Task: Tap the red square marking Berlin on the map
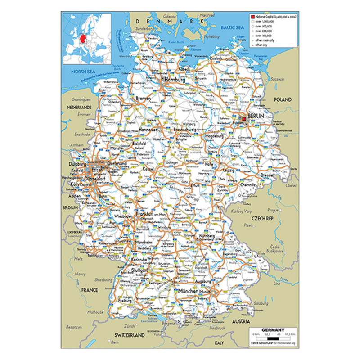pyautogui.click(x=244, y=119)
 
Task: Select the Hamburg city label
pyautogui.click(x=175, y=80)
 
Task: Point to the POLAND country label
pyautogui.click(x=283, y=99)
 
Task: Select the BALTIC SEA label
pyautogui.click(x=232, y=27)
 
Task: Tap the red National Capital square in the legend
pyautogui.click(x=252, y=16)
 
